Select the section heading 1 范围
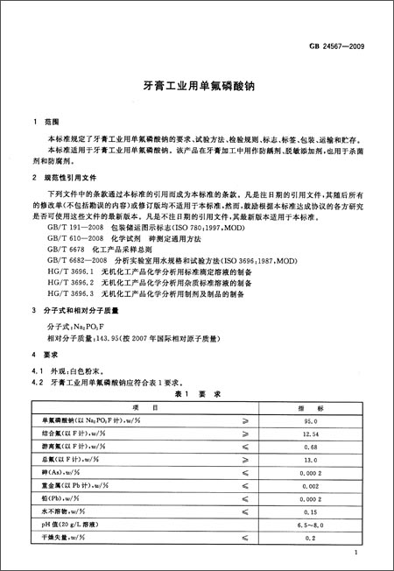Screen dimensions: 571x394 coord(44,123)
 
